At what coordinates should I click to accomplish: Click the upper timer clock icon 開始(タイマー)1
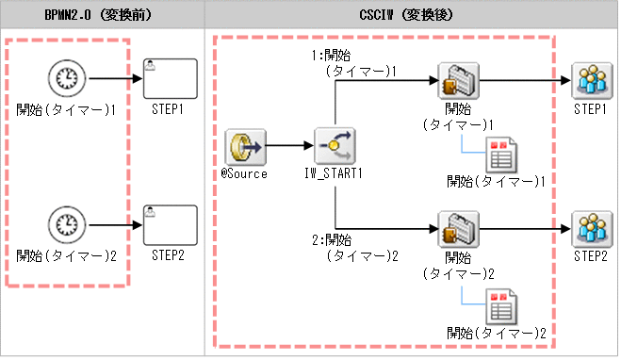coord(64,80)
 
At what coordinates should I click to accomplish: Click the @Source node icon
coord(244,147)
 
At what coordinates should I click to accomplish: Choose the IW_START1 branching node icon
coord(335,147)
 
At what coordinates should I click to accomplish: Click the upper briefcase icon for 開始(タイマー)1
coord(457,81)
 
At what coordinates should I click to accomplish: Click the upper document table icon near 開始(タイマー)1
coord(498,153)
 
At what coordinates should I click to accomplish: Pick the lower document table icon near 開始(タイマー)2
coord(498,306)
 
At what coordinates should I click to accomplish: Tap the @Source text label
coord(244,173)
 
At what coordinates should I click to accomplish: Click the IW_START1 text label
coord(335,173)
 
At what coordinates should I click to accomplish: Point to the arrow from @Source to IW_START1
coord(289,147)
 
